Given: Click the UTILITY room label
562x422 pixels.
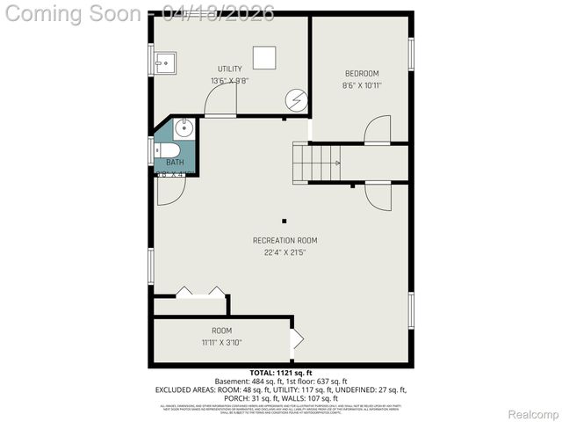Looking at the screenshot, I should coord(230,69).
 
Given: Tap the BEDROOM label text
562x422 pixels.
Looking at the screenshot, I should coord(362,73).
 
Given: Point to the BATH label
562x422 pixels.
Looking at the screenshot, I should coord(175,162).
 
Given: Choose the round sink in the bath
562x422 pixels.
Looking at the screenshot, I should coord(182,129).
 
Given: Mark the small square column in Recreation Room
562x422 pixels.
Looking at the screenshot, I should coord(284,221).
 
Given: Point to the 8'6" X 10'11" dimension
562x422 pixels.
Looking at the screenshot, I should coord(362,85).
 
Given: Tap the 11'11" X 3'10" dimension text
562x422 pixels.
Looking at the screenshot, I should coord(221,343).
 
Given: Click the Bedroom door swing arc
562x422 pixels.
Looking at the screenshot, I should coord(377,130).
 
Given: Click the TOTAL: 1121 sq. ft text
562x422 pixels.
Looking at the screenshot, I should coord(280,373).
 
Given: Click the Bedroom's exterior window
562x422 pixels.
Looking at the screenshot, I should coord(411,53).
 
